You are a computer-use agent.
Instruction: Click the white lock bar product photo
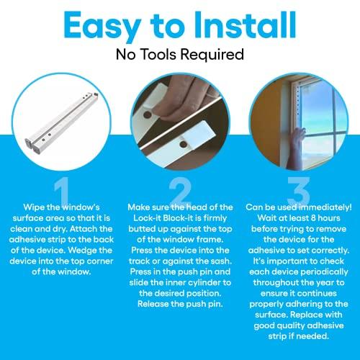[x=62, y=115]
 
